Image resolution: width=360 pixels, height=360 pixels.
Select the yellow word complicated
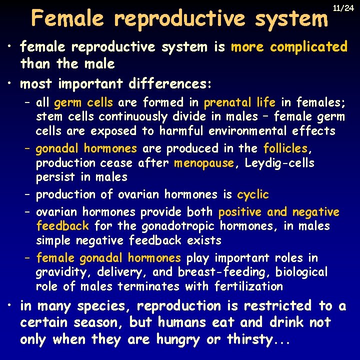point(308,47)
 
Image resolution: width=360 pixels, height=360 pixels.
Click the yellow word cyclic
point(252,194)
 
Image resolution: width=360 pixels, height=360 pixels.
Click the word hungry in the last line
point(179,340)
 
